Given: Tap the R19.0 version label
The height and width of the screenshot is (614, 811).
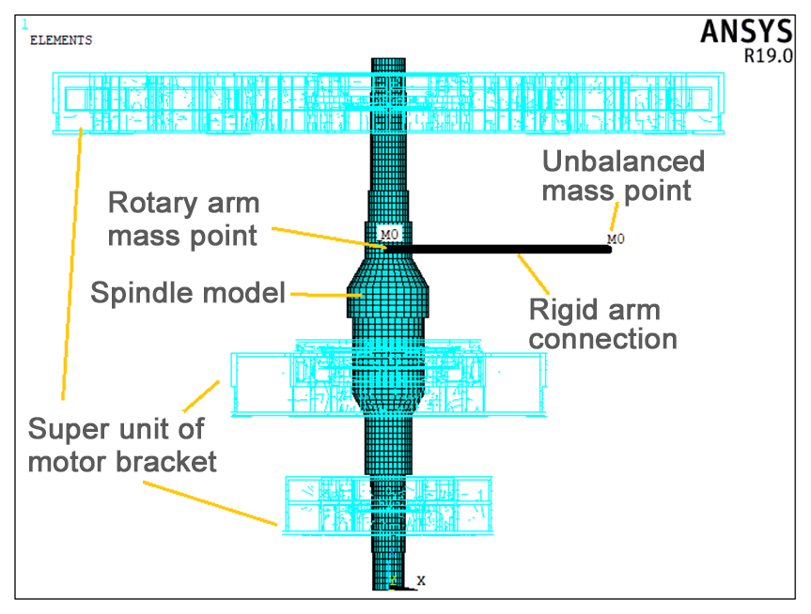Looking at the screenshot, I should (768, 55).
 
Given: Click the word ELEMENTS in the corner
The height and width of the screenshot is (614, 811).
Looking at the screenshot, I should (61, 40).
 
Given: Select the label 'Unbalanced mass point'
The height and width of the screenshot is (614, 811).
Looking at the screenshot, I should (623, 176).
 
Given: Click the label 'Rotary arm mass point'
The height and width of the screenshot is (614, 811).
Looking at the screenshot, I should (183, 219).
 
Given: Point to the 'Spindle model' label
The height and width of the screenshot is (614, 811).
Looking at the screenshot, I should (188, 294).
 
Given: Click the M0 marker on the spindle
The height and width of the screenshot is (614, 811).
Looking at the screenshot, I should (389, 233).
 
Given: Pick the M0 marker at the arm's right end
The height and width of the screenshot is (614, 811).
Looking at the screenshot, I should (616, 239).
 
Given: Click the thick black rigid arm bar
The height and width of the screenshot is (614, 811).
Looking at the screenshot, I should (498, 249).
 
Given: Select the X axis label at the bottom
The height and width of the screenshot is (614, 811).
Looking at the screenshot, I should (421, 580).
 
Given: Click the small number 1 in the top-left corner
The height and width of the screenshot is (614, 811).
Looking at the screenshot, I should (24, 24).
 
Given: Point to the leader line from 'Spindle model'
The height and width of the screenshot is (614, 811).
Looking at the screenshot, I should (320, 294).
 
